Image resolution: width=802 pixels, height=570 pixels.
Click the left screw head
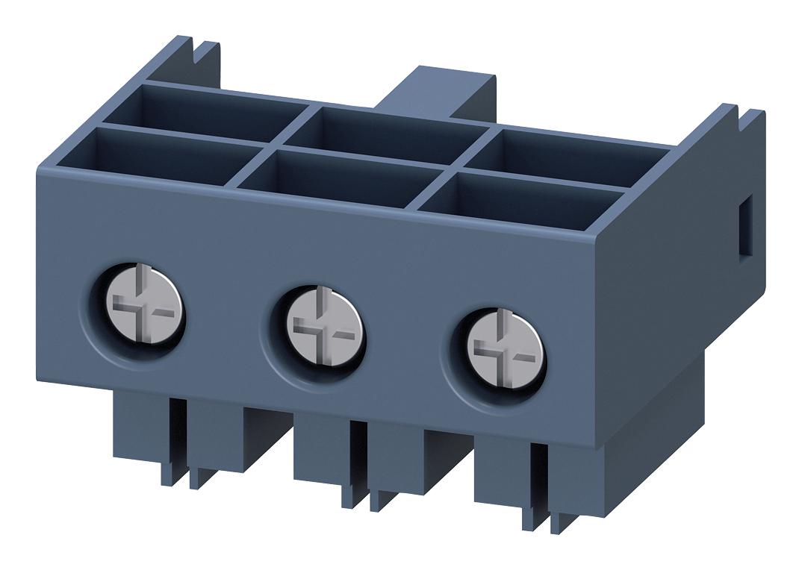[x=139, y=310]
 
